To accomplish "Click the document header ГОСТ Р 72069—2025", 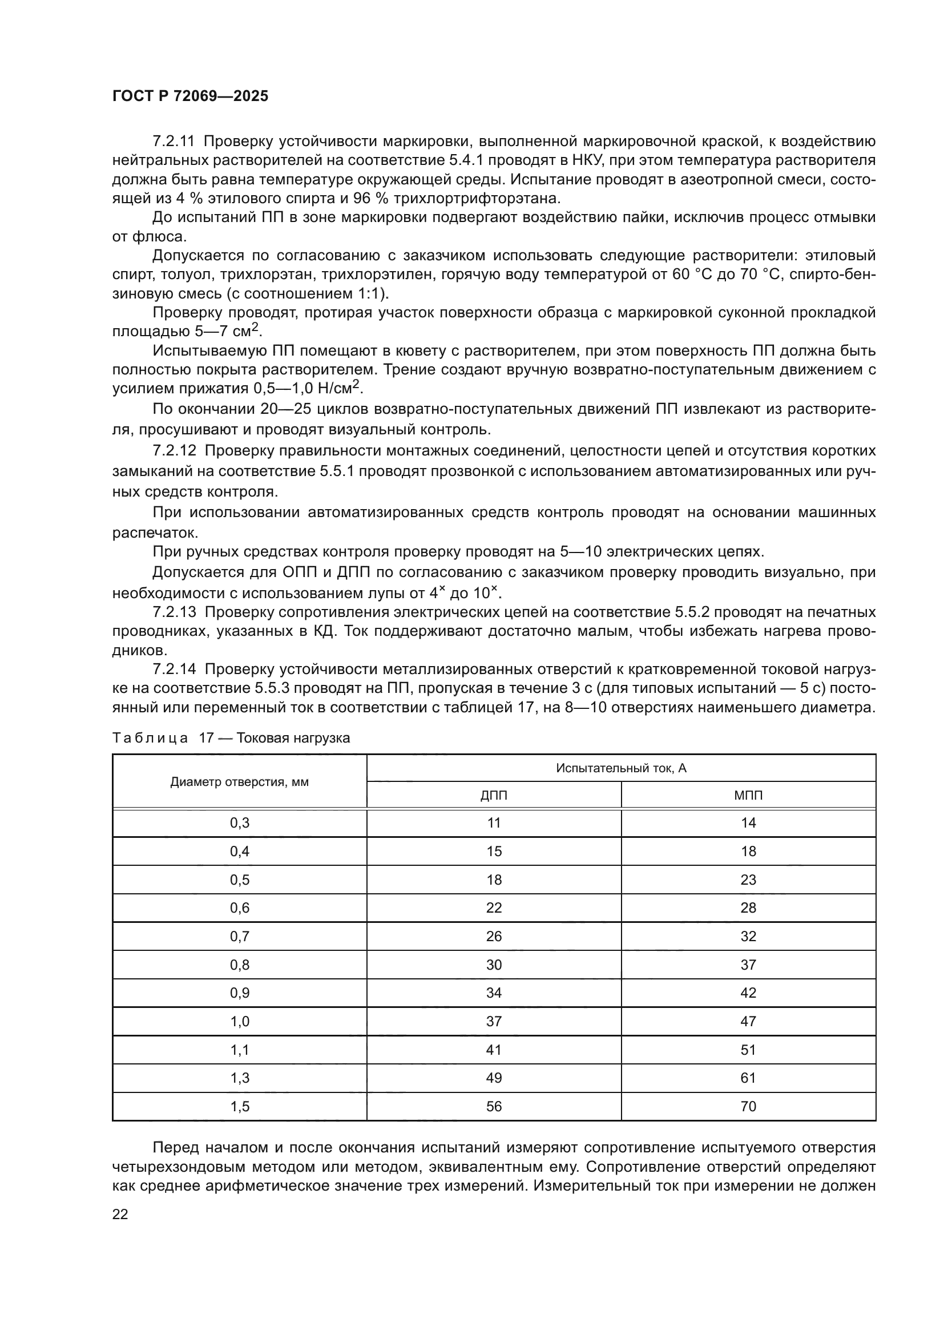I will [x=190, y=96].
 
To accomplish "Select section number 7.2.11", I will [x=174, y=142].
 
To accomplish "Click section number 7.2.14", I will [x=174, y=669].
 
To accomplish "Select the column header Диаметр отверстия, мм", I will [x=240, y=782].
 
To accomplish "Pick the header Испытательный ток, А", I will [x=621, y=768].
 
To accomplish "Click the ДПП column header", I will [x=494, y=796].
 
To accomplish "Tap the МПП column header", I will [x=748, y=796].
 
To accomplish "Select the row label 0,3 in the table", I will [x=240, y=823].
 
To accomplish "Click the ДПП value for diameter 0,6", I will [x=494, y=908].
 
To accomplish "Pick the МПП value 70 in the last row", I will [x=748, y=1107].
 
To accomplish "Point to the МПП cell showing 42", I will [x=748, y=993].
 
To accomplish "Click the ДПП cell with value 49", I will [x=494, y=1078].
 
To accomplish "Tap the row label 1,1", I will [x=240, y=1050].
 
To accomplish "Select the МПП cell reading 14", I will [x=748, y=823].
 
